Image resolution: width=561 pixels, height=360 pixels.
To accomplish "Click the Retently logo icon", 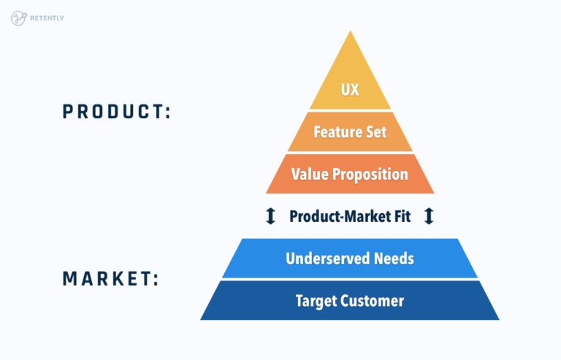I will click(x=18, y=18).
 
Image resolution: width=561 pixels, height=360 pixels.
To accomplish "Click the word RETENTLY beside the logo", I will click(x=48, y=18).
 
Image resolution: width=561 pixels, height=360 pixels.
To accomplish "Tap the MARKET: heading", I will click(x=110, y=279).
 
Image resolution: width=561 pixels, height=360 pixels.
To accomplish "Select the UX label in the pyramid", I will click(x=350, y=91).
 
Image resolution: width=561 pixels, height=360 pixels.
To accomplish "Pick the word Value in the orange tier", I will click(x=308, y=175).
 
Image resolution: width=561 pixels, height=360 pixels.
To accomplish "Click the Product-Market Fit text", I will click(x=349, y=216).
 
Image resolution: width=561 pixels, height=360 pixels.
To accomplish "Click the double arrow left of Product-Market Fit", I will click(x=270, y=216).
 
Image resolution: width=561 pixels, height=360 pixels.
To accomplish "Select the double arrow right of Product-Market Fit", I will click(x=429, y=216).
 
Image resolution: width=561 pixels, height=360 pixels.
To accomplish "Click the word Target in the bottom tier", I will click(x=316, y=300).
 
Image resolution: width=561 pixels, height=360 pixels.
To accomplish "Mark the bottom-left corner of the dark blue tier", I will click(x=202, y=319).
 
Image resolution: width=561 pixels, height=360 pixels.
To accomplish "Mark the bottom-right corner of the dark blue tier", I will click(x=498, y=319).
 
